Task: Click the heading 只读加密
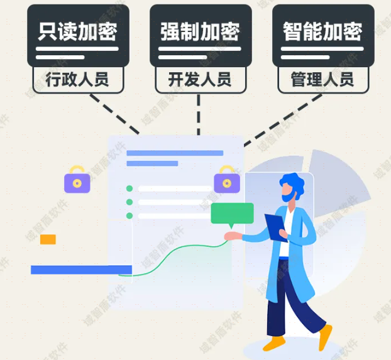point(77,31)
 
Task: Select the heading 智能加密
point(322,31)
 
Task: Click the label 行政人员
point(77,80)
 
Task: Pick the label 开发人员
point(200,80)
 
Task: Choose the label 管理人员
point(322,80)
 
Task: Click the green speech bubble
point(232,214)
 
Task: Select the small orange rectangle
point(48,239)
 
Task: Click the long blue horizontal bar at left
point(81,270)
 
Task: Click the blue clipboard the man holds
point(276,226)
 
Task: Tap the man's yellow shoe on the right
point(324,337)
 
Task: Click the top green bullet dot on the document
point(129,188)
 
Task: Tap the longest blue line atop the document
point(175,153)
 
